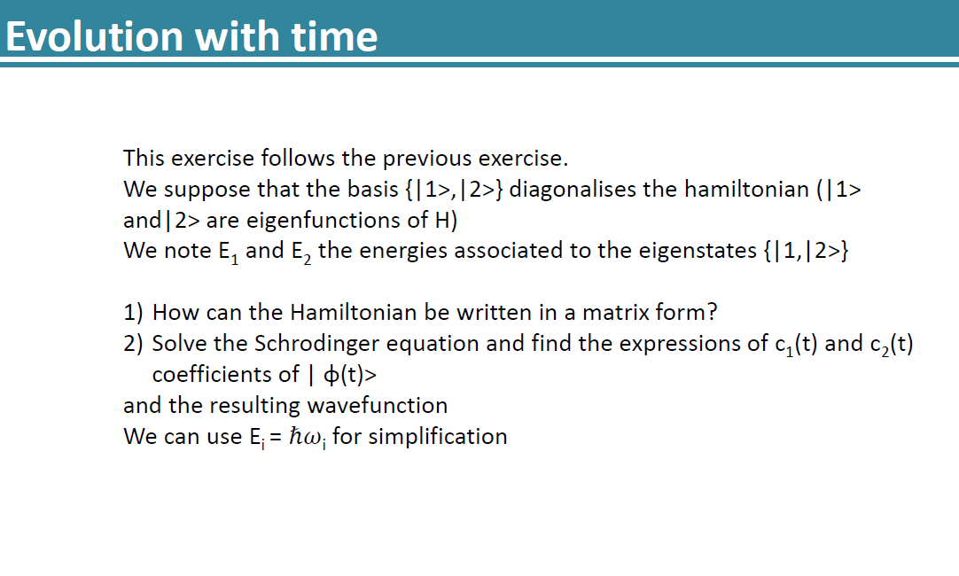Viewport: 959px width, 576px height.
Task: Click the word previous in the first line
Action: pyautogui.click(x=427, y=159)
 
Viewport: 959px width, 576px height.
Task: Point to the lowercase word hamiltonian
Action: pyautogui.click(x=725, y=190)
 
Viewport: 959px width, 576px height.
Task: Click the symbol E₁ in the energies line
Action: pyautogui.click(x=228, y=252)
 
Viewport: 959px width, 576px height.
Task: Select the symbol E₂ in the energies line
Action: pyautogui.click(x=300, y=252)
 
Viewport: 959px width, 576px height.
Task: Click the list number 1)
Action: pyautogui.click(x=135, y=313)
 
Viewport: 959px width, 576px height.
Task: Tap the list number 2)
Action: pyautogui.click(x=135, y=344)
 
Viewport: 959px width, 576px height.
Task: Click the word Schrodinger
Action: pyautogui.click(x=310, y=344)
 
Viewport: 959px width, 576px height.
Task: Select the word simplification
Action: pyautogui.click(x=438, y=437)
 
